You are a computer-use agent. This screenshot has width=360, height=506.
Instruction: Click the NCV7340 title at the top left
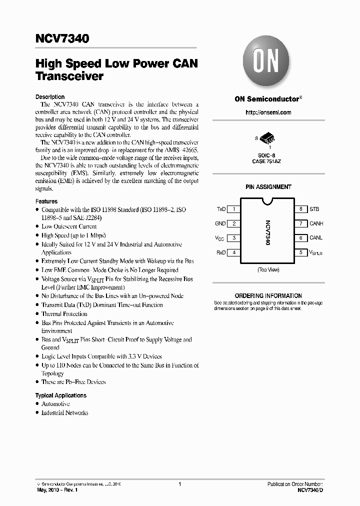tap(62, 38)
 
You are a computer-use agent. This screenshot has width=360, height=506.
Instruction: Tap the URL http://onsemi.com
tap(268, 112)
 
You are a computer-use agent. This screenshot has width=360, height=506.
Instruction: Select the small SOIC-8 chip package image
tap(268, 138)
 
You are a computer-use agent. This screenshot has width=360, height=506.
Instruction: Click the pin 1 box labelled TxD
tap(234, 209)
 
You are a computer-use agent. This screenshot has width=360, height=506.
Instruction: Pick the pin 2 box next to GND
tap(234, 224)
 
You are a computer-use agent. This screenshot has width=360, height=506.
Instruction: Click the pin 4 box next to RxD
tap(234, 252)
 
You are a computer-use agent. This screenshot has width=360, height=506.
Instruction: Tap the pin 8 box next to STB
tap(300, 209)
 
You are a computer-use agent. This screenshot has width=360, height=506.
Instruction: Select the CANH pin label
tap(316, 224)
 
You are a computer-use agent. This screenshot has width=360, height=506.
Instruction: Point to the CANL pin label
tap(316, 238)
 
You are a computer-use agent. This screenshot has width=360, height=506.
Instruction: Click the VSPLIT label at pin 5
tap(316, 253)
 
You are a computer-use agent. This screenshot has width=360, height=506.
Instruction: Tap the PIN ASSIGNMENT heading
tap(268, 187)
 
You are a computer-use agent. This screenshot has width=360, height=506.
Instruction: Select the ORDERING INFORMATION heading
tap(268, 296)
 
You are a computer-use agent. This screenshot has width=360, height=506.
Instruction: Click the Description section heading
tap(50, 97)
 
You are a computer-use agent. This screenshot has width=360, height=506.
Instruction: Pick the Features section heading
tap(46, 201)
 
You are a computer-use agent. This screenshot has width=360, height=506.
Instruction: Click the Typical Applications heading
tap(60, 395)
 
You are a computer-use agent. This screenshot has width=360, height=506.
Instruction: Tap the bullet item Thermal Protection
tap(64, 314)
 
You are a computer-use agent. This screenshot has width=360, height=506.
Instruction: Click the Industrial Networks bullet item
tap(64, 413)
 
